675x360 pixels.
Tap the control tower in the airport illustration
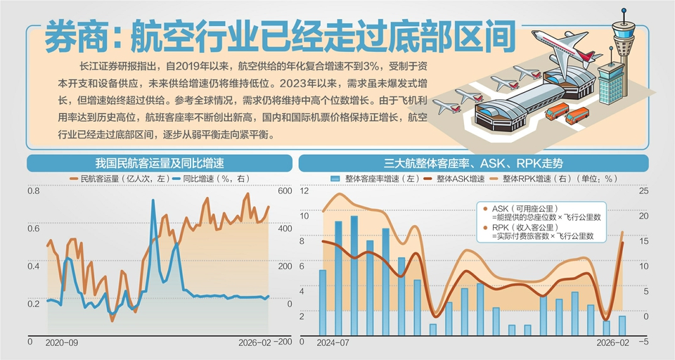point(623,42)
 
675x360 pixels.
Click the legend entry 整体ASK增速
point(461,179)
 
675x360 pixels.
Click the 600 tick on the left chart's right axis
point(284,191)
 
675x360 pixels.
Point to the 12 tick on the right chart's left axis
point(304,191)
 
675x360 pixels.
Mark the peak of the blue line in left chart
point(153,201)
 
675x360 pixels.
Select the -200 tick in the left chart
point(283,342)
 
